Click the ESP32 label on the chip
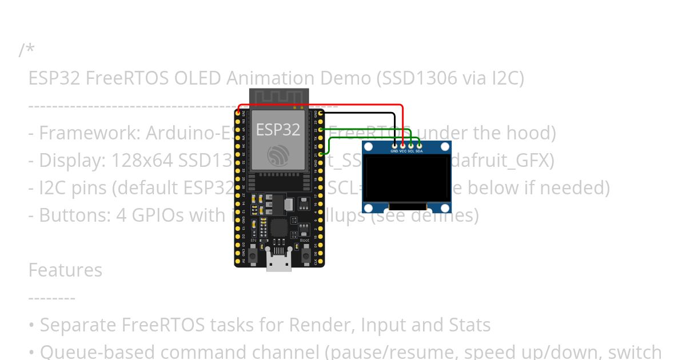click(278, 130)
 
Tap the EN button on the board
click(253, 252)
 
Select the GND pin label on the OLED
click(394, 151)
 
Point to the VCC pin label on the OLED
click(403, 151)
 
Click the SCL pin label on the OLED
click(411, 151)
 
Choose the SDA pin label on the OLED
click(419, 151)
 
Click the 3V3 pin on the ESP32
click(238, 114)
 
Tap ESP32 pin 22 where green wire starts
click(321, 130)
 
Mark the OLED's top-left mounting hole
click(369, 147)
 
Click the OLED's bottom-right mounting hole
click(445, 207)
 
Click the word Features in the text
click(65, 270)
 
